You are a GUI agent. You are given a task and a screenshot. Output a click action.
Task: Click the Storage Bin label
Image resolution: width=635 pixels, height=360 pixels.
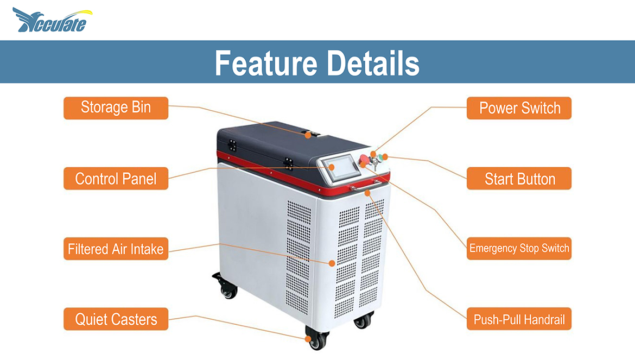(x=116, y=108)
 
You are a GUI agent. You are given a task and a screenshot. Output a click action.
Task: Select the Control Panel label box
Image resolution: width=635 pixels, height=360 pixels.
(x=116, y=179)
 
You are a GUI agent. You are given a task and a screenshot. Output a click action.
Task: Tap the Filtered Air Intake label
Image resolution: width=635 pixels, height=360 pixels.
(x=116, y=249)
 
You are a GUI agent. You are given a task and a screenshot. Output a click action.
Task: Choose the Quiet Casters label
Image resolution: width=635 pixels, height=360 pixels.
(x=116, y=319)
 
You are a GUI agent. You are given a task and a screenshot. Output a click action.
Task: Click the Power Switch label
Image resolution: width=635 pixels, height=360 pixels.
(x=519, y=108)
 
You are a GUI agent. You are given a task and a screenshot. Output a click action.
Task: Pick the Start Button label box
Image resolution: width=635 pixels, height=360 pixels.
(x=519, y=179)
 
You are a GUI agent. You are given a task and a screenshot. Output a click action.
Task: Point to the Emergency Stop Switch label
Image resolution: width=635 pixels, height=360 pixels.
(x=519, y=249)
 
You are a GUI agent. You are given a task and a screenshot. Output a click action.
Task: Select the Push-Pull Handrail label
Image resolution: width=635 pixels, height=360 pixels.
(x=519, y=319)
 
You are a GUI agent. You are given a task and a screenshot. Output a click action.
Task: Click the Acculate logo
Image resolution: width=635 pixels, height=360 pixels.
(x=52, y=20)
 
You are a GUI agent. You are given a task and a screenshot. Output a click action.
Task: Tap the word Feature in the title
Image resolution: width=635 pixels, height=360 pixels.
(x=266, y=63)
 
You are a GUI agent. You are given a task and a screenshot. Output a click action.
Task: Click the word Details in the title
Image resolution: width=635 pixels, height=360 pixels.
(x=373, y=63)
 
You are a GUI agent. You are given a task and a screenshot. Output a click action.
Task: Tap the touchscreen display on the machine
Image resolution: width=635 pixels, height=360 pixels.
(x=343, y=167)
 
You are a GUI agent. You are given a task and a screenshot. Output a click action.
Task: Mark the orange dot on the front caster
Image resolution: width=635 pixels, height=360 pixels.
(x=308, y=339)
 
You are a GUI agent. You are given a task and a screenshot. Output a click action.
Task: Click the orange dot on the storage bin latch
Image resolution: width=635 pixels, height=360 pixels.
(x=308, y=135)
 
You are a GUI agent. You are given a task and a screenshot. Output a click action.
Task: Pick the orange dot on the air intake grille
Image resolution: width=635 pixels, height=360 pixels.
(x=332, y=263)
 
